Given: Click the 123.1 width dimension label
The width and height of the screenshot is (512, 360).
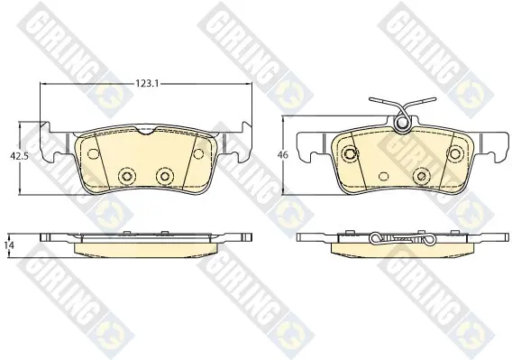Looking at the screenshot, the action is (x=147, y=84).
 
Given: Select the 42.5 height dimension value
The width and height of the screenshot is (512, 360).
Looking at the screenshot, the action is (x=19, y=156).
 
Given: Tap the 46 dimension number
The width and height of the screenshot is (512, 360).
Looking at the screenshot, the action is (x=284, y=154).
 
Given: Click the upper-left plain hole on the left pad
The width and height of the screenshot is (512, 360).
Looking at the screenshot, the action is (x=94, y=153).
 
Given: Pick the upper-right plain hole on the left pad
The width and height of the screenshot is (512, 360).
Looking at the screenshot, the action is (x=198, y=153).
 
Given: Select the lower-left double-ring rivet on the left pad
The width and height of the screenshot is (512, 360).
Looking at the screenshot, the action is (x=126, y=177).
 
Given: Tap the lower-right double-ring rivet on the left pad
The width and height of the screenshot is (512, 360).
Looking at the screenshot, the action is (x=164, y=177).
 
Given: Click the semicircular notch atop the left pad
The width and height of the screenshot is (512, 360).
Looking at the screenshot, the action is (x=146, y=131).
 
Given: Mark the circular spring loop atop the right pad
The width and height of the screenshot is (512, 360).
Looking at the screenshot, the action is (x=402, y=124).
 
